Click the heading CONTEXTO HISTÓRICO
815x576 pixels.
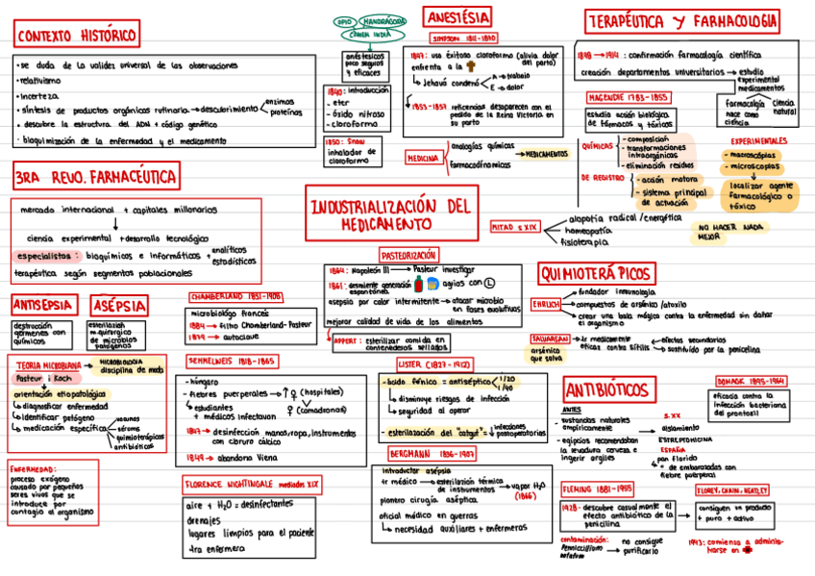click(x=77, y=36)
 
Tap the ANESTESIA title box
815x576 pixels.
click(x=457, y=16)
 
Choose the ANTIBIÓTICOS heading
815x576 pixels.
click(x=606, y=390)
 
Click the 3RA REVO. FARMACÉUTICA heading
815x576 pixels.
click(x=94, y=177)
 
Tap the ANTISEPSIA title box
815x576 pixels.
click(x=43, y=306)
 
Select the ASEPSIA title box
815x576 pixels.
click(x=120, y=306)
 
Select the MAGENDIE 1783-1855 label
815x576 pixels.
click(x=629, y=97)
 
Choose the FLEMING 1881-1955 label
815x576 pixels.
click(x=597, y=488)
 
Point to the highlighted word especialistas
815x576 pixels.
click(x=46, y=256)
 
